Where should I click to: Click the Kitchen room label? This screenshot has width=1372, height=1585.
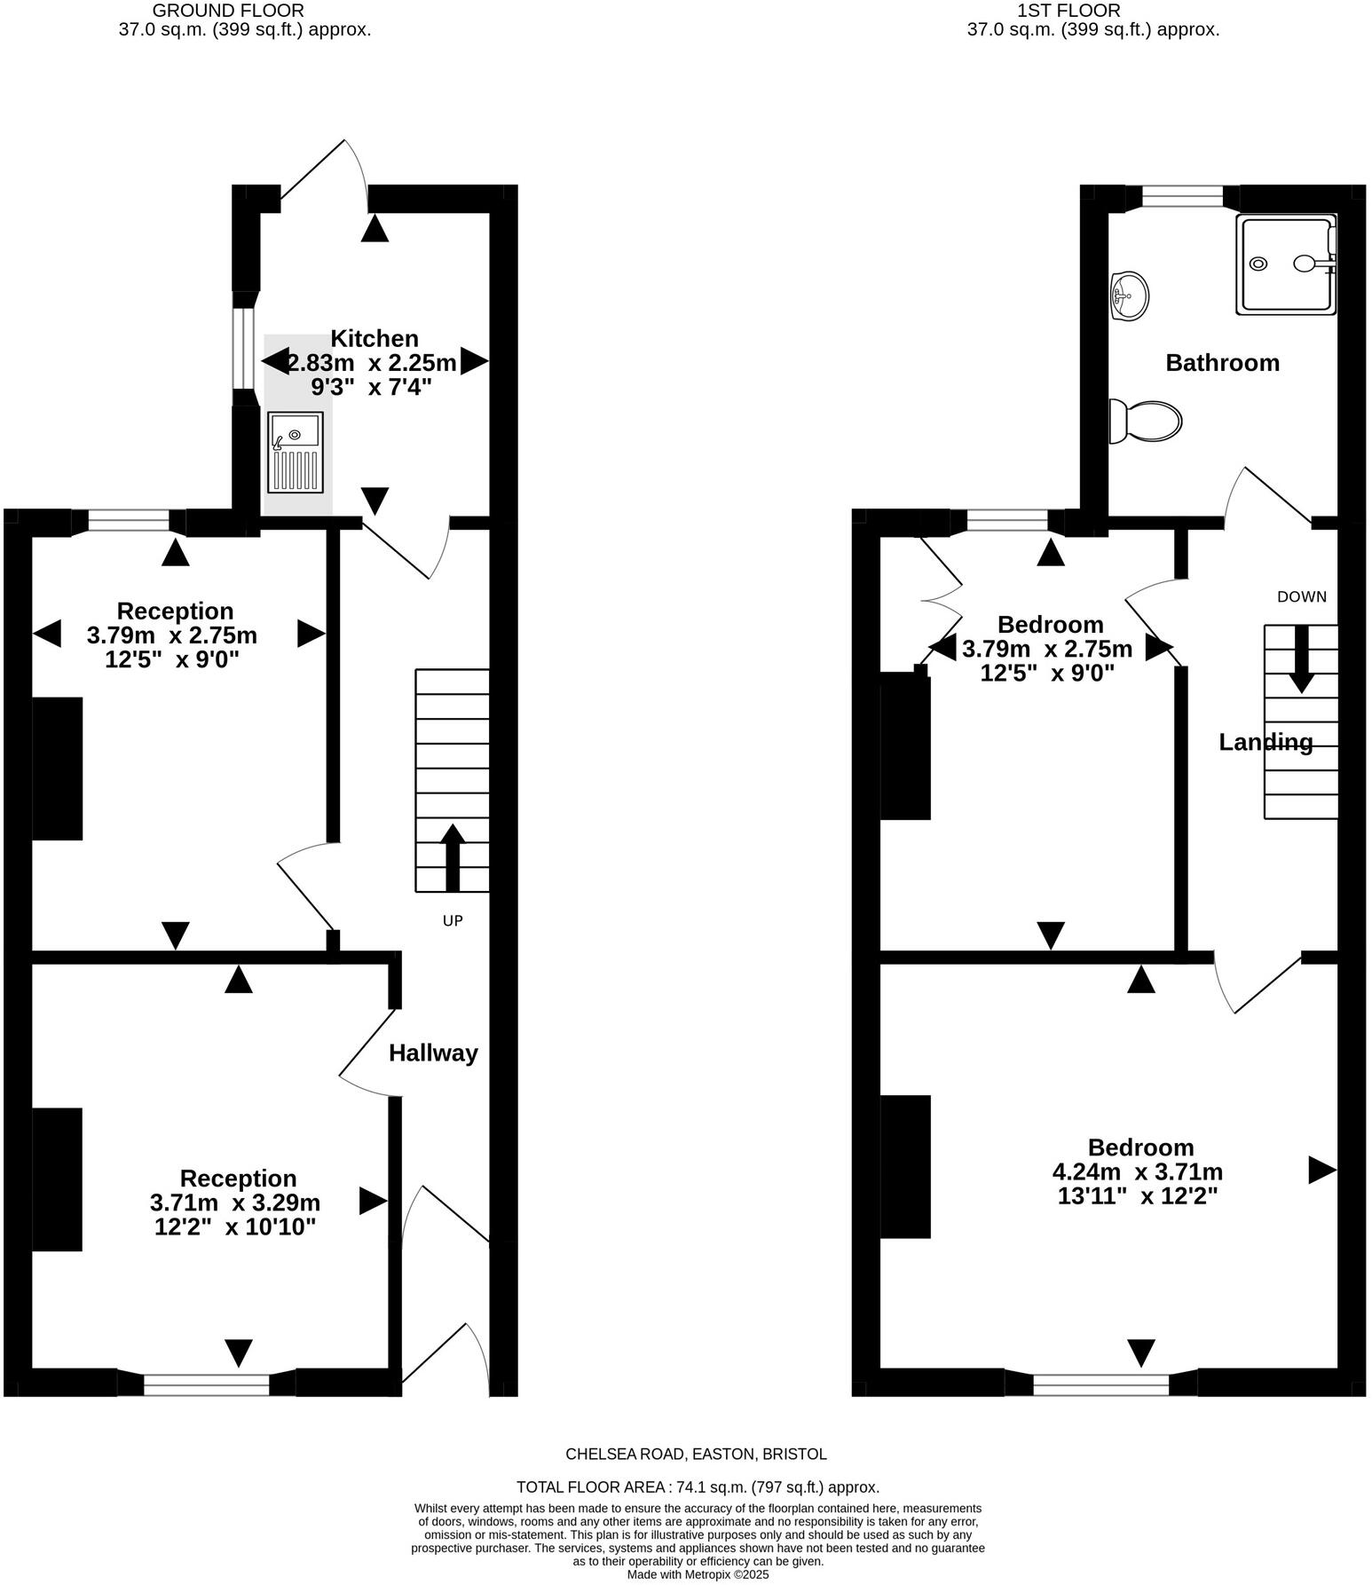pos(374,338)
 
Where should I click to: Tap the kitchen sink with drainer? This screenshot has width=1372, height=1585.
pos(296,453)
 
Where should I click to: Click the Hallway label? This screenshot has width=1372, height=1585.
pos(433,1053)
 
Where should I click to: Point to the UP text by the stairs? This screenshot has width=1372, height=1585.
pos(453,921)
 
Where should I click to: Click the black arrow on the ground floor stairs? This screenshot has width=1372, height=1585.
pos(453,856)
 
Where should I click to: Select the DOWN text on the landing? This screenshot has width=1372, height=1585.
pos(1301,597)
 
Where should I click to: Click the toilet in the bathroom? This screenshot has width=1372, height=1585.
pos(1146,421)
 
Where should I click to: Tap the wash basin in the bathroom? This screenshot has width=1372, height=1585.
pos(1129,295)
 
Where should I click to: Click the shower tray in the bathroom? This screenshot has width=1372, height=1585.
pos(1285,264)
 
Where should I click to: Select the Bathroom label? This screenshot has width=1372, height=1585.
pos(1222,363)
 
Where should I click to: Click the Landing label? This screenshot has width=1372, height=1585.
pos(1266,742)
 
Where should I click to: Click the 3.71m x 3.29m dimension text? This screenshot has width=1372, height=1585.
pos(235,1203)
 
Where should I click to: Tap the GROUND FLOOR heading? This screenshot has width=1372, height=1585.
pos(228,11)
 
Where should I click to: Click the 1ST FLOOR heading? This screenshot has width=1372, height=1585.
pos(1080,11)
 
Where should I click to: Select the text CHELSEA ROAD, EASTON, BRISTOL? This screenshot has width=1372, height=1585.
pos(696,1455)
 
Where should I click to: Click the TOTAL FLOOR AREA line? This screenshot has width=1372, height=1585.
pos(698,1487)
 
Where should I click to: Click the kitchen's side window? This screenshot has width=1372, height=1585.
pos(239,347)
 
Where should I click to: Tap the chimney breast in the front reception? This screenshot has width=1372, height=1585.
pos(58,1179)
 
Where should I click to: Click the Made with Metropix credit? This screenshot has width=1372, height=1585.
pos(698,1575)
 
